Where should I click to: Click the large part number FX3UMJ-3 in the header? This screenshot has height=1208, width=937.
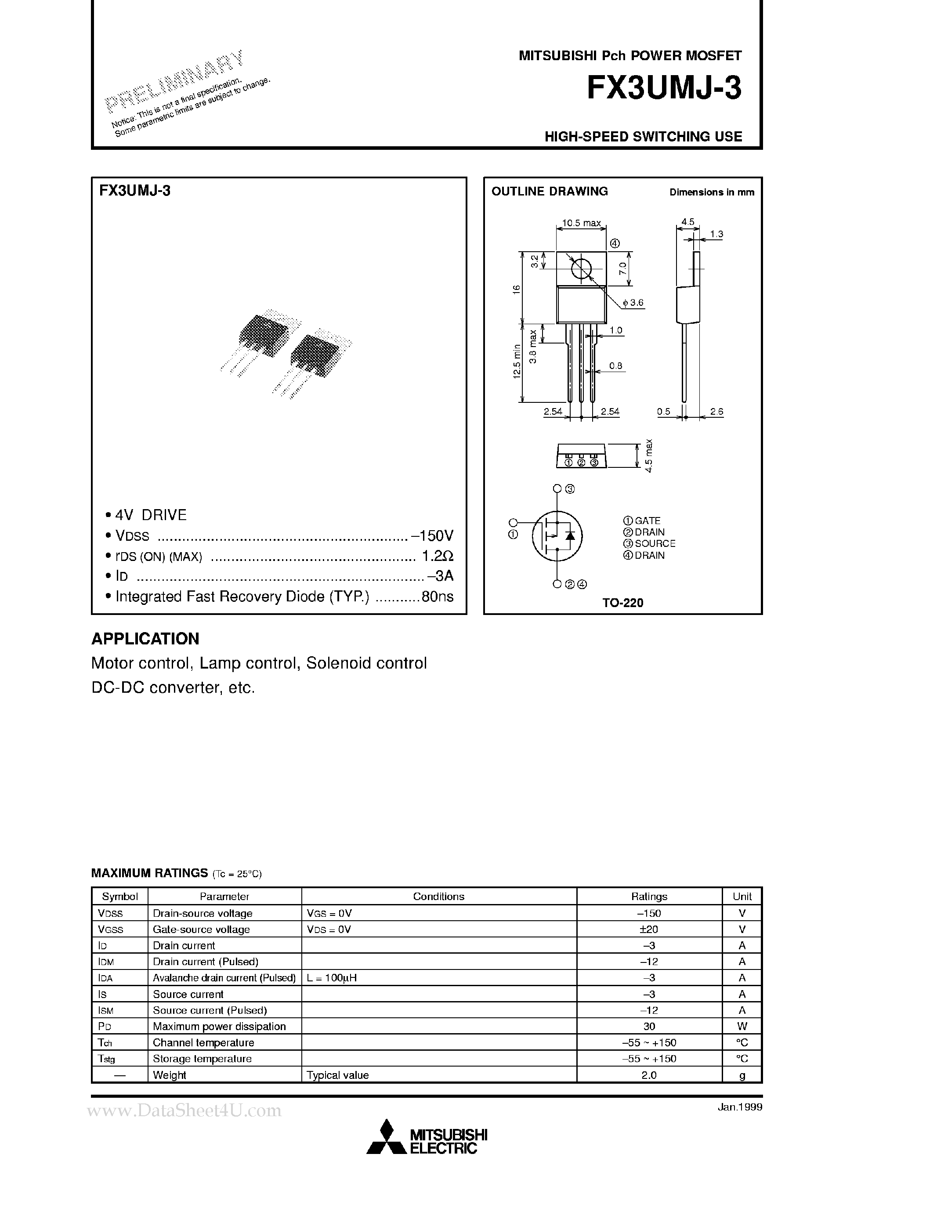663,88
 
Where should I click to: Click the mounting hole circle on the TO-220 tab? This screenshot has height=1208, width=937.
581,269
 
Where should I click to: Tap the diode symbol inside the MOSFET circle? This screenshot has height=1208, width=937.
570,535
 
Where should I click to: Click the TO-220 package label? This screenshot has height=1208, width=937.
623,603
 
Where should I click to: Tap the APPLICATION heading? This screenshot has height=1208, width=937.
145,639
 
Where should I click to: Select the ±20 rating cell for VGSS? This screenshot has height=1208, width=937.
649,929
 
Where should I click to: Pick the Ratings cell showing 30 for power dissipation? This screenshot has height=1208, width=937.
649,1027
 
